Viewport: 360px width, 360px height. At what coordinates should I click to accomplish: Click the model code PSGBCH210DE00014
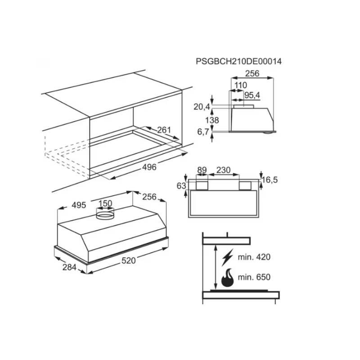238,61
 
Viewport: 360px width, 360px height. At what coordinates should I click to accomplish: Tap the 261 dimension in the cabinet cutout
164,130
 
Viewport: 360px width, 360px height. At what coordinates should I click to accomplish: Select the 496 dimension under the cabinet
149,167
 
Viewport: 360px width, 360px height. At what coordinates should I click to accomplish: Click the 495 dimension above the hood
79,205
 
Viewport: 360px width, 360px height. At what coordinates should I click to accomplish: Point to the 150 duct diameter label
105,203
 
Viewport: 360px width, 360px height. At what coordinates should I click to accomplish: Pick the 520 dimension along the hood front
129,261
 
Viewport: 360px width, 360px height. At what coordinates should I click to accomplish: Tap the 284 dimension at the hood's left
69,267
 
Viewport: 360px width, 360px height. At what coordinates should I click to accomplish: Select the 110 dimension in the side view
241,85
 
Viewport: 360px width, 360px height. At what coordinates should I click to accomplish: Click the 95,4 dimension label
252,95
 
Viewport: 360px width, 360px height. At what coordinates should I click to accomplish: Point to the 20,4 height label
202,107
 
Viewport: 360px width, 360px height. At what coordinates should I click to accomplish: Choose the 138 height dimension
212,120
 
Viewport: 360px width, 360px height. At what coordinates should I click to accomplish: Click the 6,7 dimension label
203,132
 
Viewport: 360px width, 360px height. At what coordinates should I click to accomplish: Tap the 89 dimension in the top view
202,170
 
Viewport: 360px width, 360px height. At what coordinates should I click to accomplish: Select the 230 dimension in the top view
223,170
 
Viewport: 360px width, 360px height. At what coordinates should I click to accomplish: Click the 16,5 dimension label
270,180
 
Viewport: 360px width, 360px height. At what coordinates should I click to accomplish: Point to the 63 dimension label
181,186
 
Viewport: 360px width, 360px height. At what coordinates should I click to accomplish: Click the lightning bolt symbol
227,257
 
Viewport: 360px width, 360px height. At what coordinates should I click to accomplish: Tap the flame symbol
227,278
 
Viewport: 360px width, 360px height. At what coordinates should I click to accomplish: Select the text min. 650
254,277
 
